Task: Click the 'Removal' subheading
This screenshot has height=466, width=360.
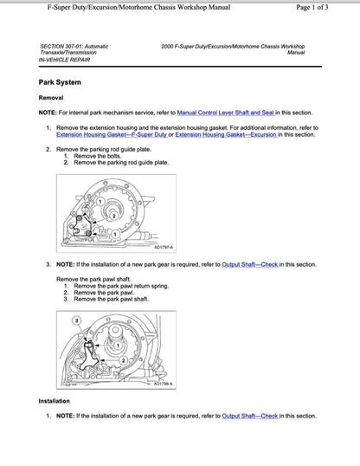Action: (x=51, y=98)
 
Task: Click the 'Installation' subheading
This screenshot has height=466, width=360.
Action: (x=55, y=401)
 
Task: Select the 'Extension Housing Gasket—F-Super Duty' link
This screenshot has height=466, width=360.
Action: (x=108, y=134)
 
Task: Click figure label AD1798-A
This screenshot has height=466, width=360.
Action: (x=163, y=383)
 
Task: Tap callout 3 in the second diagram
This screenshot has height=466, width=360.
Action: (x=75, y=320)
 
